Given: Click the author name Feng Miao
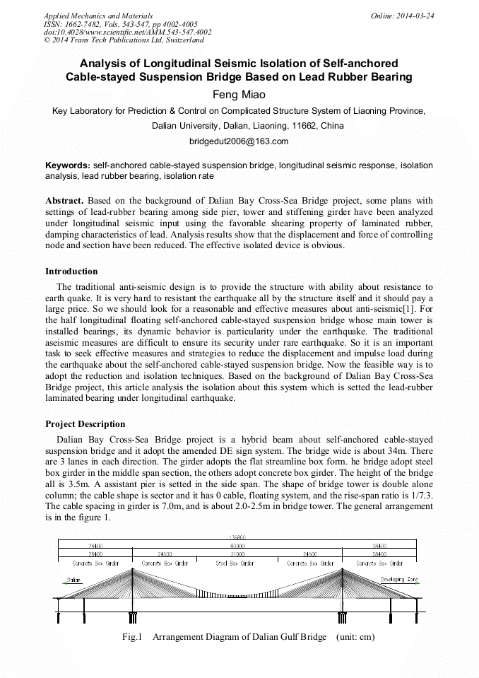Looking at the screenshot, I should (x=239, y=95).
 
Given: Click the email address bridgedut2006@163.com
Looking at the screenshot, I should (x=239, y=141).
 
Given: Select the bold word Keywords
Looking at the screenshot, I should (x=67, y=165).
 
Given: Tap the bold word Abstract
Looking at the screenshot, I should (x=65, y=201).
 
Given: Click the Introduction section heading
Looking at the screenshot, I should (x=71, y=271).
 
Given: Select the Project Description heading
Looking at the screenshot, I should (x=85, y=424).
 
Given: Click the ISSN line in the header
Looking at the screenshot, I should (x=121, y=24).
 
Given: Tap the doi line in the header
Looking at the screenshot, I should (x=127, y=33).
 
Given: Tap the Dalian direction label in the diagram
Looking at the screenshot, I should (x=74, y=580).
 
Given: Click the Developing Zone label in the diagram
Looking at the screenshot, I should (x=399, y=580).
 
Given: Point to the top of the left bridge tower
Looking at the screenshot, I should (x=132, y=571).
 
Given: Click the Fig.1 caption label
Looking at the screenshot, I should (x=133, y=637).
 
